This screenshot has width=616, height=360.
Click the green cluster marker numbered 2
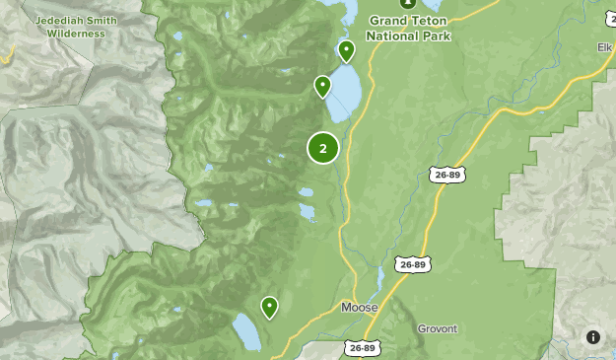point(323,148)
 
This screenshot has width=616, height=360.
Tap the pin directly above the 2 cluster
point(322,87)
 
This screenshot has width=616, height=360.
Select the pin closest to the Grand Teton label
point(346,50)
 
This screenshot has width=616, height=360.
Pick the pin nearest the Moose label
point(269,308)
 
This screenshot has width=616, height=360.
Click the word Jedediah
point(60,21)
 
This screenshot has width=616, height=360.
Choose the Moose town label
point(359,308)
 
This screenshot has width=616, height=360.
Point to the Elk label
point(603,45)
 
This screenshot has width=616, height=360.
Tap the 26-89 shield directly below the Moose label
point(362,348)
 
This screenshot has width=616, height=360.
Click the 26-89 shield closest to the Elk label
point(447,175)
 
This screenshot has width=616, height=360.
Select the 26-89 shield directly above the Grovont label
point(415,264)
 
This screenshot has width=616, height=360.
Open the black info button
point(593,337)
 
